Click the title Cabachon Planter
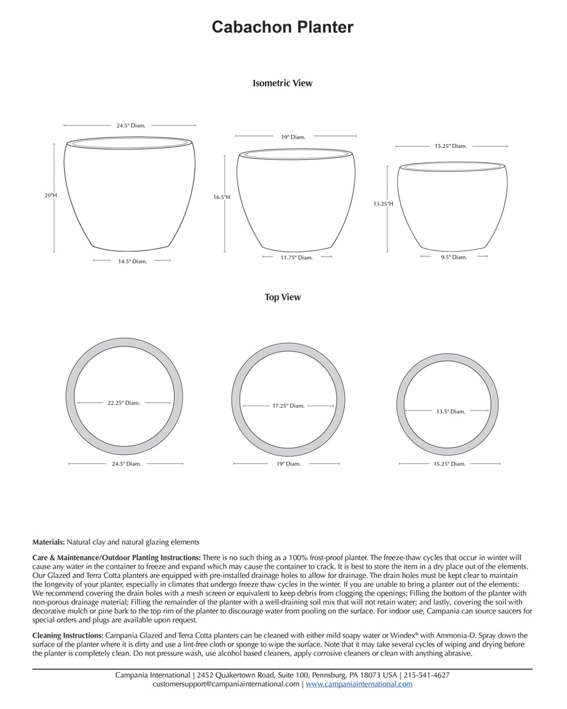pyautogui.click(x=282, y=27)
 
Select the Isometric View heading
pyautogui.click(x=282, y=83)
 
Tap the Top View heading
pyautogui.click(x=282, y=297)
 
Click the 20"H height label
pyautogui.click(x=51, y=195)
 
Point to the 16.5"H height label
pyautogui.click(x=222, y=197)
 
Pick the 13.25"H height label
pyautogui.click(x=383, y=204)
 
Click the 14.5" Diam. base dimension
pyautogui.click(x=132, y=261)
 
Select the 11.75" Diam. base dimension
pyautogui.click(x=297, y=258)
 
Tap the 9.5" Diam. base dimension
pyautogui.click(x=454, y=257)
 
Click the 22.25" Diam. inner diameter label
pyautogui.click(x=124, y=403)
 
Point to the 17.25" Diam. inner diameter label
pyautogui.click(x=288, y=406)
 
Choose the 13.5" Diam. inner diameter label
pyautogui.click(x=450, y=411)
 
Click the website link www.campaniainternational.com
pyautogui.click(x=359, y=684)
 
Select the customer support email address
pyautogui.click(x=226, y=684)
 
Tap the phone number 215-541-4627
pyautogui.click(x=426, y=675)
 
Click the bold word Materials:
pyautogui.click(x=48, y=542)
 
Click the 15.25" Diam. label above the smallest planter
pyautogui.click(x=451, y=146)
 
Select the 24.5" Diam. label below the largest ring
pyautogui.click(x=126, y=463)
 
